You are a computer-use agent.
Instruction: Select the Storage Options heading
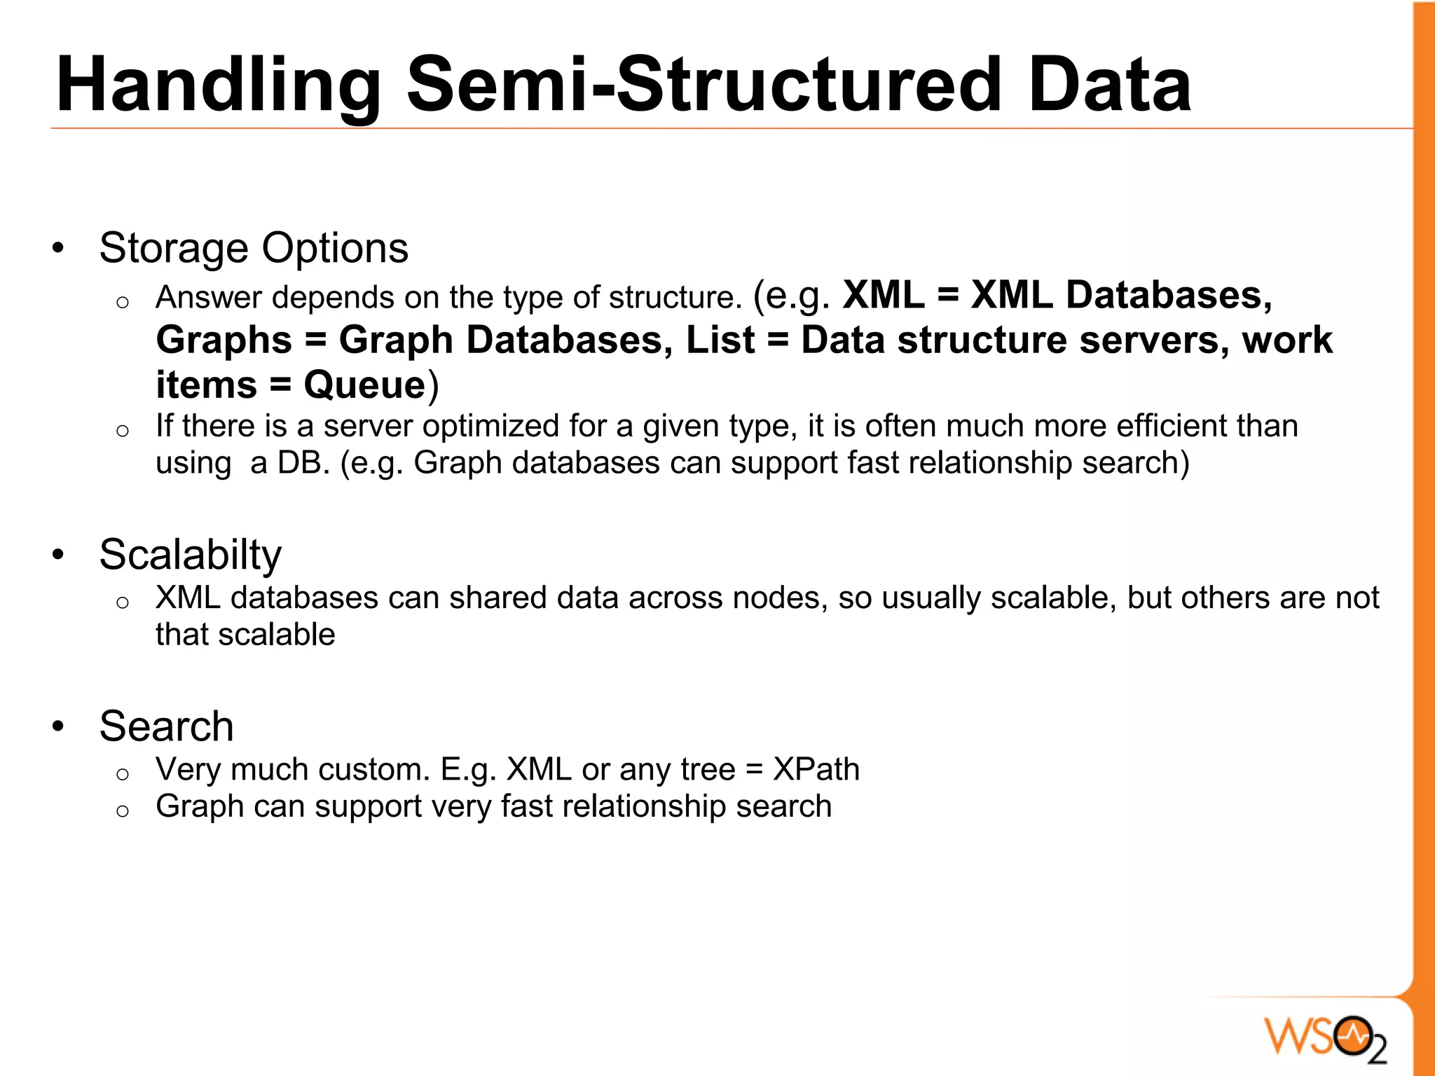(x=254, y=248)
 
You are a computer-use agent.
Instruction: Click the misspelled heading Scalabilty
(x=190, y=555)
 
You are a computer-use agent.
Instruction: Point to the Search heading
(x=166, y=726)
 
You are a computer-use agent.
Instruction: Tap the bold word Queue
(x=364, y=385)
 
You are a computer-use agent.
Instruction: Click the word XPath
(x=816, y=769)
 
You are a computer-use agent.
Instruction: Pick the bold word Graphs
(x=224, y=340)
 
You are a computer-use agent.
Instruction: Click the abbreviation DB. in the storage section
(x=303, y=463)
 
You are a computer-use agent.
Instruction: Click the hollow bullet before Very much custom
(x=123, y=774)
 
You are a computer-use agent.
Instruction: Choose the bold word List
(x=720, y=340)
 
